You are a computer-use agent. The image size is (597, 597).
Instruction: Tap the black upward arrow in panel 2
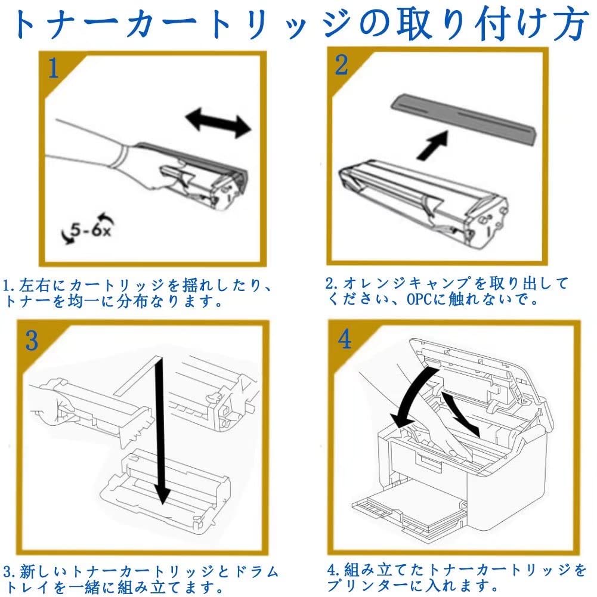pyautogui.click(x=432, y=146)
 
